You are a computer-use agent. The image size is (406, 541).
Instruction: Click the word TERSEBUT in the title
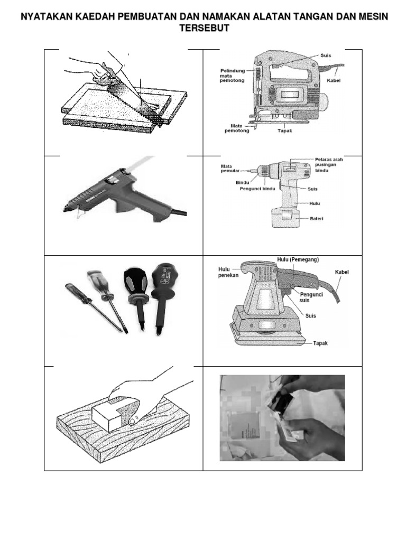tap(203, 28)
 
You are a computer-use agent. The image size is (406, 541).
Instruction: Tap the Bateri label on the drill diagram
tap(317, 218)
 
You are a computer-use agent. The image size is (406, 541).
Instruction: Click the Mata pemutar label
tap(230, 169)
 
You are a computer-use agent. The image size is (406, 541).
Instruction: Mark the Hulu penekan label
tap(217, 272)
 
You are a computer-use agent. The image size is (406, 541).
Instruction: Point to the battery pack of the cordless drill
tap(285, 217)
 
